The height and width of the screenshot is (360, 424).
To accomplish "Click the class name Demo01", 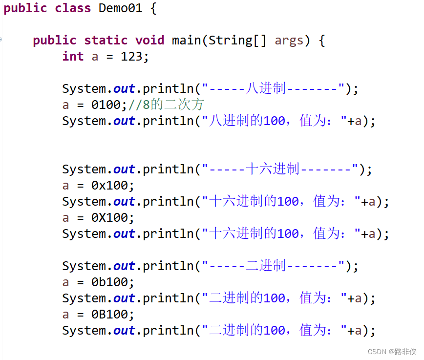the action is [x=120, y=8].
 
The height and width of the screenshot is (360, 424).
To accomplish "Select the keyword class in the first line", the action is [x=73, y=8].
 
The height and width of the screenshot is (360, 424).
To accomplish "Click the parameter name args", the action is [x=289, y=41].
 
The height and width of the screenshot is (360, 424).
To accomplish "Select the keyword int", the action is [x=73, y=57].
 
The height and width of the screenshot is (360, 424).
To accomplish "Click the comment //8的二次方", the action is [x=166, y=105].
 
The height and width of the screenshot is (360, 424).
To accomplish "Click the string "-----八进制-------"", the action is [x=274, y=89].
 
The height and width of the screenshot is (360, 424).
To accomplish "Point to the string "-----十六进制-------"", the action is [x=280, y=169].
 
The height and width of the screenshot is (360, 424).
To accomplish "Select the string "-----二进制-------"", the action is [x=274, y=266].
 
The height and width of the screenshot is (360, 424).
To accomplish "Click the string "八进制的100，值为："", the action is [x=274, y=121].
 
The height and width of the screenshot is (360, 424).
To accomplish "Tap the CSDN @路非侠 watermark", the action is [x=392, y=352].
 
